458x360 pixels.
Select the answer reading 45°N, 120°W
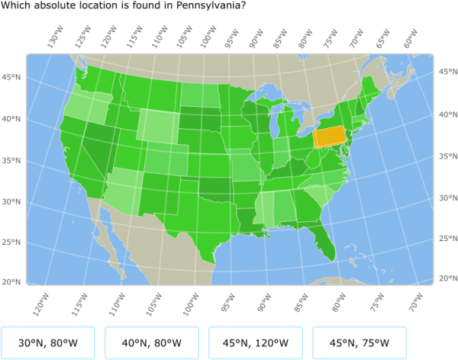coord(255,342)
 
